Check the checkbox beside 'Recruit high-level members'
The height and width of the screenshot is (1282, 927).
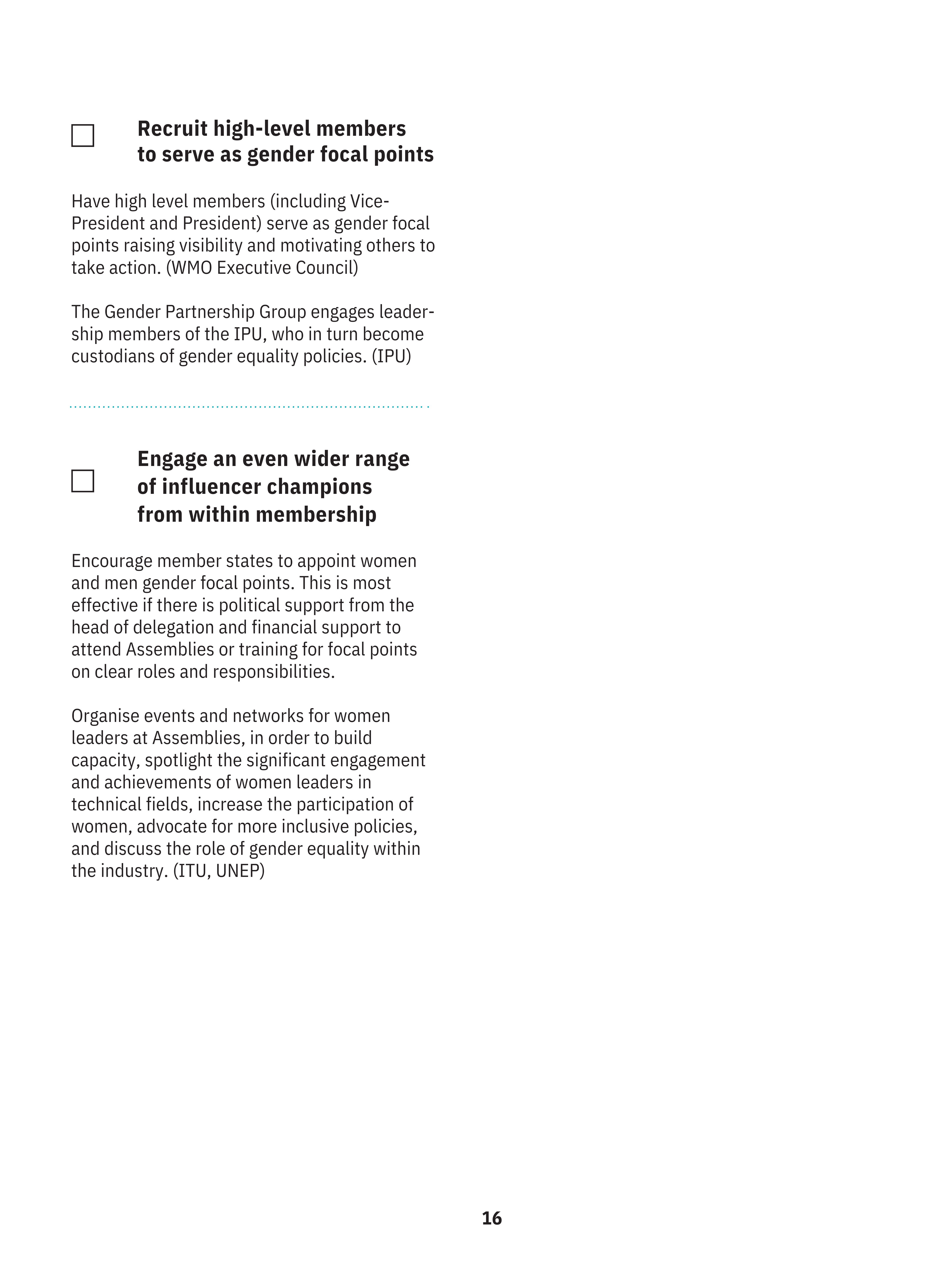83,136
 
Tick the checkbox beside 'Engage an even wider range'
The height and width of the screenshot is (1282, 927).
83,481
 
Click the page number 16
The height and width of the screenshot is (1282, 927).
491,1218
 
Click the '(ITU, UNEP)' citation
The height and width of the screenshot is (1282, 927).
219,870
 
